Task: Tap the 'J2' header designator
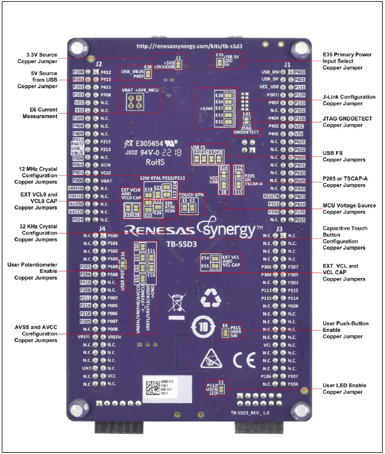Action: point(99,63)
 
